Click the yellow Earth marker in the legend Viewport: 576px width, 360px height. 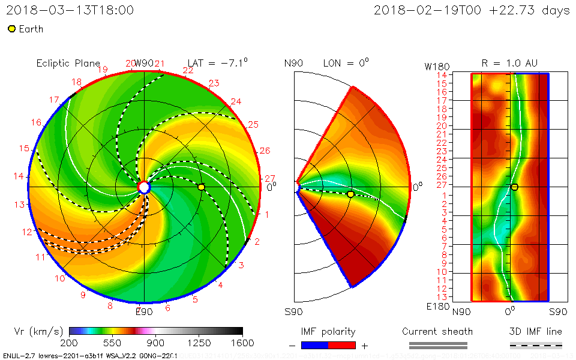coord(11,29)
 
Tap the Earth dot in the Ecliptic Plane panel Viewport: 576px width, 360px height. coord(201,187)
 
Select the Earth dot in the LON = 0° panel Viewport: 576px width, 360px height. coord(350,194)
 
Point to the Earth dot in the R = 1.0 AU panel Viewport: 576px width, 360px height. coord(514,187)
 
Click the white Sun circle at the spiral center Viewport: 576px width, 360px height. coord(144,188)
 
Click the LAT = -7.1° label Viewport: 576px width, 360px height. coord(218,63)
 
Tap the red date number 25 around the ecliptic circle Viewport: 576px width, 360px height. coord(253,124)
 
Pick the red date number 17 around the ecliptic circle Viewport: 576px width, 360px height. coord(54,100)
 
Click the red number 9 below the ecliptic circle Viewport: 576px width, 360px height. coord(83,295)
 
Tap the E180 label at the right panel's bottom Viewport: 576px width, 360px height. coord(437,307)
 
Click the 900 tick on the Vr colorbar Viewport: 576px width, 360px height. coord(155,343)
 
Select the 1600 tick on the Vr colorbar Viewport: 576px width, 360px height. coord(242,343)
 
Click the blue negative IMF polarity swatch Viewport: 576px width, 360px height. coord(314,345)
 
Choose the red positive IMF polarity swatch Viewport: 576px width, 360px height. coord(342,345)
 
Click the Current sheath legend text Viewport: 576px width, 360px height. coord(437,331)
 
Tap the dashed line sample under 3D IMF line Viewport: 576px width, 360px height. coord(536,345)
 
